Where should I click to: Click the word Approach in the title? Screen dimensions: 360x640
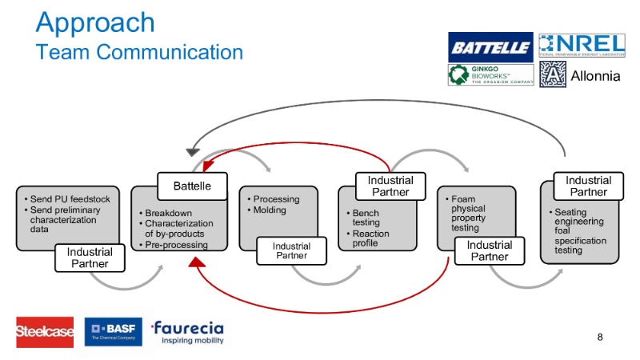pyautogui.click(x=95, y=22)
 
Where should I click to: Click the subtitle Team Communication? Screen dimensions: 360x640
pyautogui.click(x=139, y=52)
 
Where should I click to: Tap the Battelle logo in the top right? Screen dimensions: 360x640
pyautogui.click(x=490, y=47)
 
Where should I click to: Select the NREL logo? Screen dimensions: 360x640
pyautogui.click(x=582, y=46)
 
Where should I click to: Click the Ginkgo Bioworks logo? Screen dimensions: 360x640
pyautogui.click(x=490, y=74)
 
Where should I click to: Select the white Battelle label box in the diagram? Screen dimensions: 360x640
pyautogui.click(x=192, y=186)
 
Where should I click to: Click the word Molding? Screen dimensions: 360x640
pyautogui.click(x=268, y=210)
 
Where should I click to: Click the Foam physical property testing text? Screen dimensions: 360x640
pyautogui.click(x=468, y=213)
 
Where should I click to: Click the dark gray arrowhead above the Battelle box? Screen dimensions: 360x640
pyautogui.click(x=192, y=151)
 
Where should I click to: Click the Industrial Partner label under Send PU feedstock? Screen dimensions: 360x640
pyautogui.click(x=90, y=258)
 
